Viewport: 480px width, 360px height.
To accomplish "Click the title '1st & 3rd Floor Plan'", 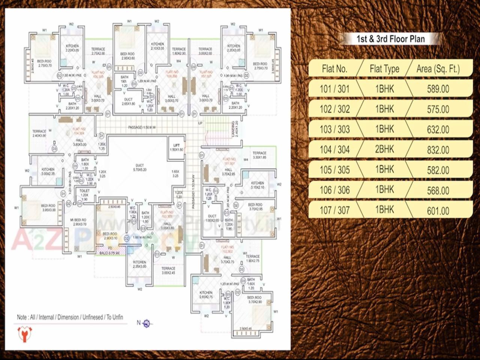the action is pos(390,39).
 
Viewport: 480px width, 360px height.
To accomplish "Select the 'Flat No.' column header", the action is pos(334,69).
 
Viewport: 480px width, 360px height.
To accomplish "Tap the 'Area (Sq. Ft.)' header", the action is pos(438,69).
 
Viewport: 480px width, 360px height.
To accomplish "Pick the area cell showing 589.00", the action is pos(438,89).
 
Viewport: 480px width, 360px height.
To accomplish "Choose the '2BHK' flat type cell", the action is pos(385,150).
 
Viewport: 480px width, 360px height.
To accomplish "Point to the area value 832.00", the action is pos(438,150).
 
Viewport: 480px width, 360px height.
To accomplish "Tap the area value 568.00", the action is pos(438,190).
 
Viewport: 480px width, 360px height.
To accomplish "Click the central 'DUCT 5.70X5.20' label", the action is pos(140,167).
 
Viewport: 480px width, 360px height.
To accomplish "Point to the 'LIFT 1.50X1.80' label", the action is pos(177,147).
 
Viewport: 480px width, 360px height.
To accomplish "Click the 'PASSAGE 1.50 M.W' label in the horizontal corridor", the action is pos(142,127).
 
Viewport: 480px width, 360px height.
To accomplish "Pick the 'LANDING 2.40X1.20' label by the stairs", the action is pos(234,129).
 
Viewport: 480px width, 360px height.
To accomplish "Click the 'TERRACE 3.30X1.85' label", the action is pos(259,155).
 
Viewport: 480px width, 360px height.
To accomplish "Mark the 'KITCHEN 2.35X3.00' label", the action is pos(139,264).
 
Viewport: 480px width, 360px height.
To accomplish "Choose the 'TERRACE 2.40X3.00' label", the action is pos(39,133).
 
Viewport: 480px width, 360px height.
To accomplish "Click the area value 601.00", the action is pos(438,211).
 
